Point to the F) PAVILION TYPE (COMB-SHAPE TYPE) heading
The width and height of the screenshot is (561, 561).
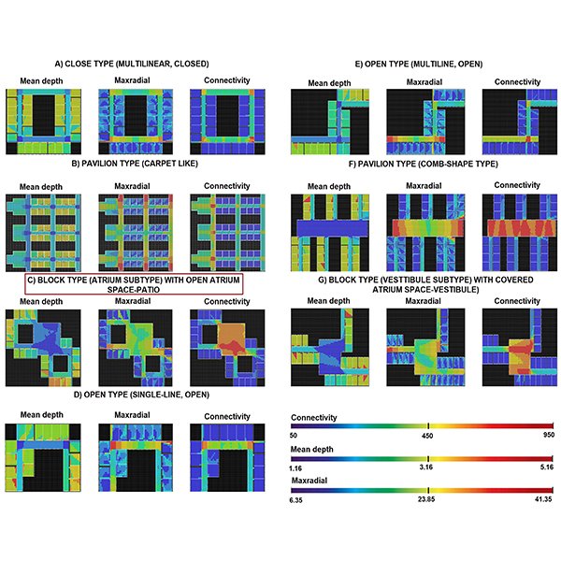coord(424,164)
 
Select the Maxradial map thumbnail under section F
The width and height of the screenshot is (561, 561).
coord(421,229)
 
